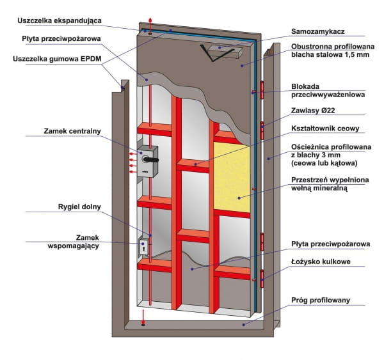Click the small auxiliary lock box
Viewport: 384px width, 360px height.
tap(145, 247)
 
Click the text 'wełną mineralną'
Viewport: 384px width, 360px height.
tap(327, 188)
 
